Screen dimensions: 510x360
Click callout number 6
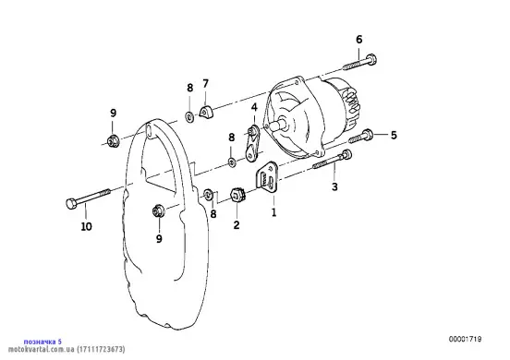(358, 40)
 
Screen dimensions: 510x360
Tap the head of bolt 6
(370, 60)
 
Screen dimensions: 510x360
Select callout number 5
(394, 135)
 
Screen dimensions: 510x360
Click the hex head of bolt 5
(367, 134)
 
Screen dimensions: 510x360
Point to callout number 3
(334, 186)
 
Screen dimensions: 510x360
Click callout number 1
(273, 212)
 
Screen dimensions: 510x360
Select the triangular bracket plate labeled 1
(267, 177)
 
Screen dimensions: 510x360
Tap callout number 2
(237, 225)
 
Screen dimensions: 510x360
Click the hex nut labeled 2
(237, 196)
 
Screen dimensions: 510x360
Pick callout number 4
(254, 107)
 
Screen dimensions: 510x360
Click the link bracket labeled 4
(251, 143)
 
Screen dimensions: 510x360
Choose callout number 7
(205, 84)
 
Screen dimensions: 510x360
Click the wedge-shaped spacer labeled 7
(205, 111)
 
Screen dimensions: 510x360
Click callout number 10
(87, 226)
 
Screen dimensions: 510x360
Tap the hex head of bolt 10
(71, 204)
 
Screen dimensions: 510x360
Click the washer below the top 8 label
(189, 116)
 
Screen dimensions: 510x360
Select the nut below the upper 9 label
(113, 140)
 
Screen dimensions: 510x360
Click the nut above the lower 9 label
(158, 210)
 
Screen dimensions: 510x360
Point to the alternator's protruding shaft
(279, 126)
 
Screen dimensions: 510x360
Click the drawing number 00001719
(466, 339)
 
